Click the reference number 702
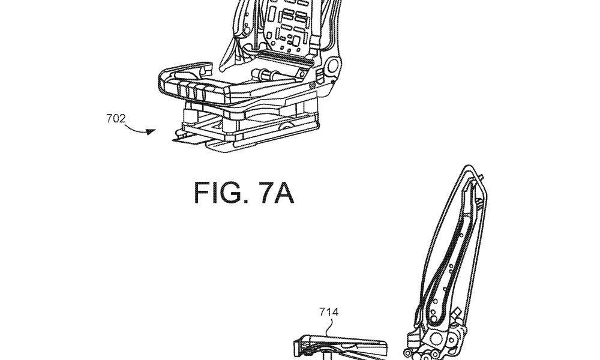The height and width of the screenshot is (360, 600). (116, 119)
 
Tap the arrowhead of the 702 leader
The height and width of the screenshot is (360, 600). (152, 132)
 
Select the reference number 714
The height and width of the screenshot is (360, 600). (329, 313)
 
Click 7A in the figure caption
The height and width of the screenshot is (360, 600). (276, 193)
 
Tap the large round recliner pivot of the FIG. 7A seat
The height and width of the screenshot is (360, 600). (332, 66)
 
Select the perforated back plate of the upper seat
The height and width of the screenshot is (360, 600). (289, 25)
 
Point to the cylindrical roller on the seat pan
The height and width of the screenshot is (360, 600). (265, 73)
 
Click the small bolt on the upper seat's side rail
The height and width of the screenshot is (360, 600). (313, 85)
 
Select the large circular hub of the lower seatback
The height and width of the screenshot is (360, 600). (436, 338)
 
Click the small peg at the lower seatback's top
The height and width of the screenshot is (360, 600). (481, 176)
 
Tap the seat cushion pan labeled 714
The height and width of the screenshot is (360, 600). (341, 344)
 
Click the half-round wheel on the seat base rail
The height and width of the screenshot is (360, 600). (285, 126)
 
